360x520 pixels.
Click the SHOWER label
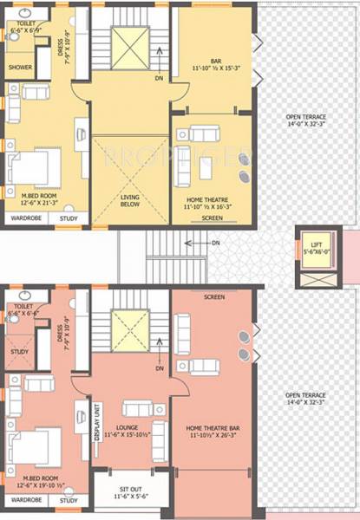pyautogui.click(x=21, y=67)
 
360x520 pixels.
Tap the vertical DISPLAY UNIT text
pyautogui.click(x=97, y=422)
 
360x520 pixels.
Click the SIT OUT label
pyautogui.click(x=133, y=494)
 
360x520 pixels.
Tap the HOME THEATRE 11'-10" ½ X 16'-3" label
pyautogui.click(x=213, y=204)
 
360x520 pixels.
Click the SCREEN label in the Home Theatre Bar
pyautogui.click(x=214, y=297)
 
